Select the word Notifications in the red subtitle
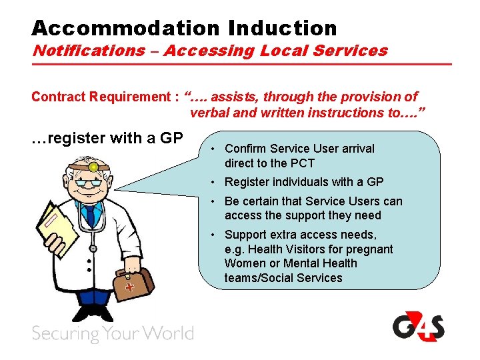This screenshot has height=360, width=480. coord(89,51)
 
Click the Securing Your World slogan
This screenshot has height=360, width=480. coord(113,333)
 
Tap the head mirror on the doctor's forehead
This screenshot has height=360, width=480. coord(93,167)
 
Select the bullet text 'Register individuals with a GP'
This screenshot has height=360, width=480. coord(304,182)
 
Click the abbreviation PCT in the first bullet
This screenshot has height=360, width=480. coord(301,163)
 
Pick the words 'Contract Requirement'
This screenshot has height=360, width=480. coord(100,97)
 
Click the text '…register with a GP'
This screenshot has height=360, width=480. coord(107,139)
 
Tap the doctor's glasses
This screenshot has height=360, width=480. coord(89,182)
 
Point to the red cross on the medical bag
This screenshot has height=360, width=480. coord(130,286)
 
